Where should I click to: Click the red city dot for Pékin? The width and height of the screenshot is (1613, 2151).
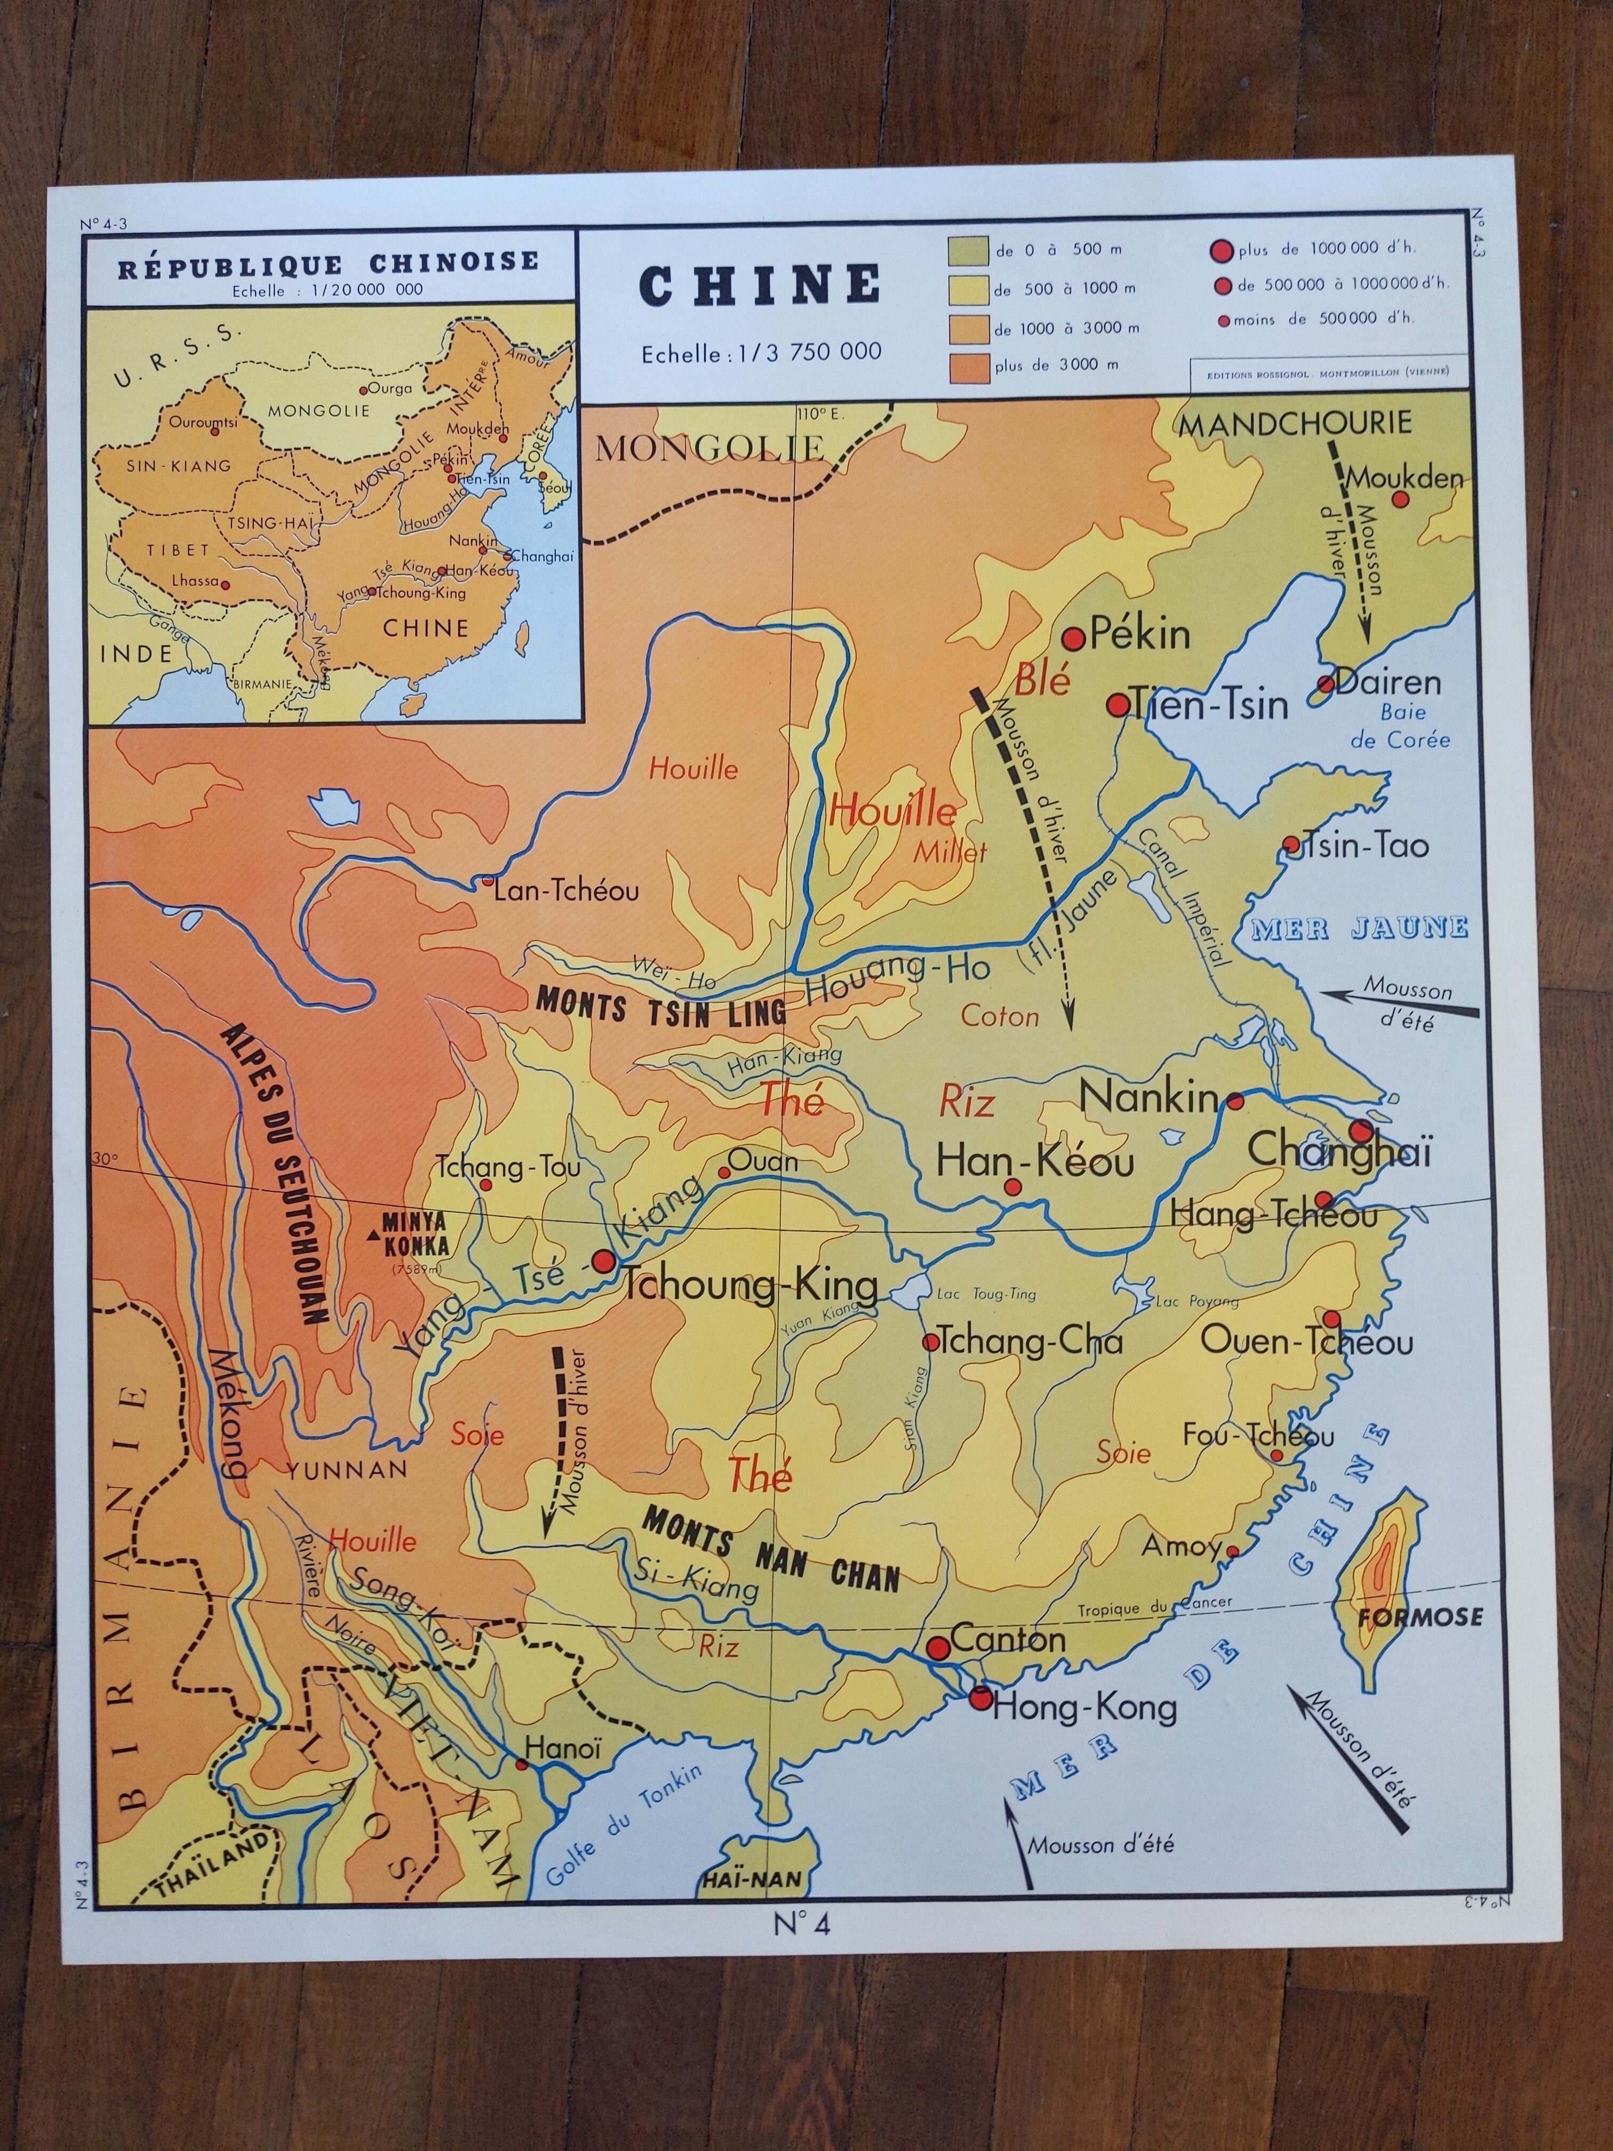(x=1073, y=639)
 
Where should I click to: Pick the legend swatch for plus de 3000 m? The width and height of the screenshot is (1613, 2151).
(x=968, y=368)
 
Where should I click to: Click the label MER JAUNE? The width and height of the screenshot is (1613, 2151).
(x=1359, y=928)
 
